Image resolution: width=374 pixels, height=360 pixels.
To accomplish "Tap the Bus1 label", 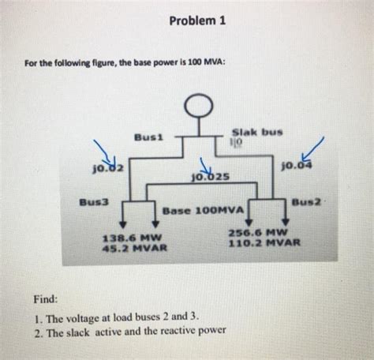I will click(x=148, y=136).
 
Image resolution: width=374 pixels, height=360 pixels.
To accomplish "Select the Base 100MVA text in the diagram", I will click(x=204, y=212).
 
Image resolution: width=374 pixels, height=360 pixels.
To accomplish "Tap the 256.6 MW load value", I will click(x=256, y=233).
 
